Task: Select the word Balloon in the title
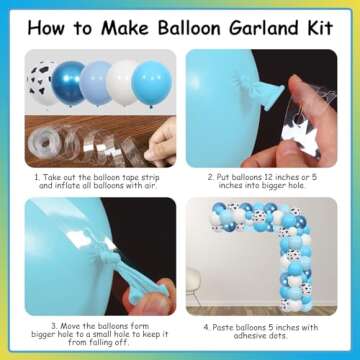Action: pyautogui.click(x=189, y=27)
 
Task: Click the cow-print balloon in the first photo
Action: pyautogui.click(x=41, y=83)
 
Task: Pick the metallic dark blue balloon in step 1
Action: pyautogui.click(x=69, y=83)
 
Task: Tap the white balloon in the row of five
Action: pyautogui.click(x=122, y=83)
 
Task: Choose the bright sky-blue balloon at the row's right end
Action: pyautogui.click(x=152, y=84)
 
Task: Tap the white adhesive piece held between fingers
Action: pyautogui.click(x=298, y=134)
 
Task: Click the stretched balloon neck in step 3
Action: pyautogui.click(x=135, y=273)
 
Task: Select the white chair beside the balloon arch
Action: pyautogui.click(x=193, y=286)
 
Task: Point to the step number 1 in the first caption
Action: pyautogui.click(x=37, y=177)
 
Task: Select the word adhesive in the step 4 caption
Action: pyautogui.click(x=248, y=336)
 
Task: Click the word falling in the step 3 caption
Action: pyautogui.click(x=102, y=342)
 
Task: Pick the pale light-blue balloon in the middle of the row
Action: pyautogui.click(x=96, y=83)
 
